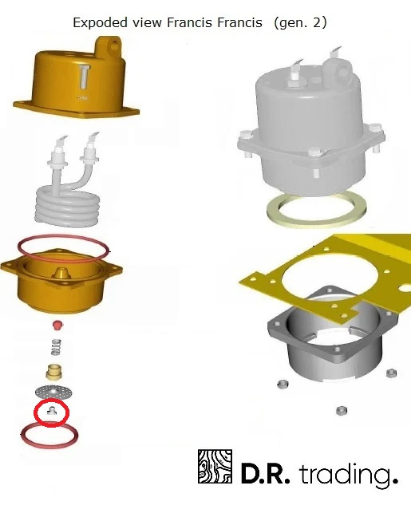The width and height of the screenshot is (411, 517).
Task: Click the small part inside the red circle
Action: [52, 411]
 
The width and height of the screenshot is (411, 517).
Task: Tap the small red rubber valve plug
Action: [57, 325]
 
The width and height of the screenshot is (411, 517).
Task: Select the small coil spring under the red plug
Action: [56, 347]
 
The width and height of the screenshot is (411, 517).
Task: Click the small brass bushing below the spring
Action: [53, 371]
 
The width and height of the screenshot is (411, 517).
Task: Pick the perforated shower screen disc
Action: [53, 392]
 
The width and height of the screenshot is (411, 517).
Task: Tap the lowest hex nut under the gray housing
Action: [341, 411]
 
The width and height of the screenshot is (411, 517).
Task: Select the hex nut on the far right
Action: [390, 373]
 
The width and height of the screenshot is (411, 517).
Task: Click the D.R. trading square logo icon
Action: [215, 466]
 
